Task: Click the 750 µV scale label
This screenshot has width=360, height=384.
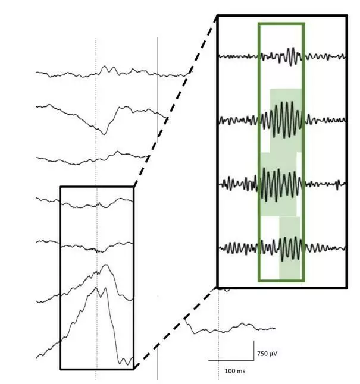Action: point(267,354)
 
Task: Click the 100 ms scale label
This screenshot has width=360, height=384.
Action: point(234,371)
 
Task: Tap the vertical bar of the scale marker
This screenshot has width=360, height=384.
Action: point(255,351)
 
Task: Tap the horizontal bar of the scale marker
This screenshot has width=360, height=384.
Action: point(231,360)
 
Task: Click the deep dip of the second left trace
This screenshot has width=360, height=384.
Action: point(103,132)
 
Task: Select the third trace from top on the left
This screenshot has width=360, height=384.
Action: point(89,158)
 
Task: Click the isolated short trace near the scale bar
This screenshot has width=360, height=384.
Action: point(229,328)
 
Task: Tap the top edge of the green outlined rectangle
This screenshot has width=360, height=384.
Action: point(281,24)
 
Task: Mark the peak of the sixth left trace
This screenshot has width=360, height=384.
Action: point(105,265)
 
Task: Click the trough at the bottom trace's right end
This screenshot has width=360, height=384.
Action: point(125,361)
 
